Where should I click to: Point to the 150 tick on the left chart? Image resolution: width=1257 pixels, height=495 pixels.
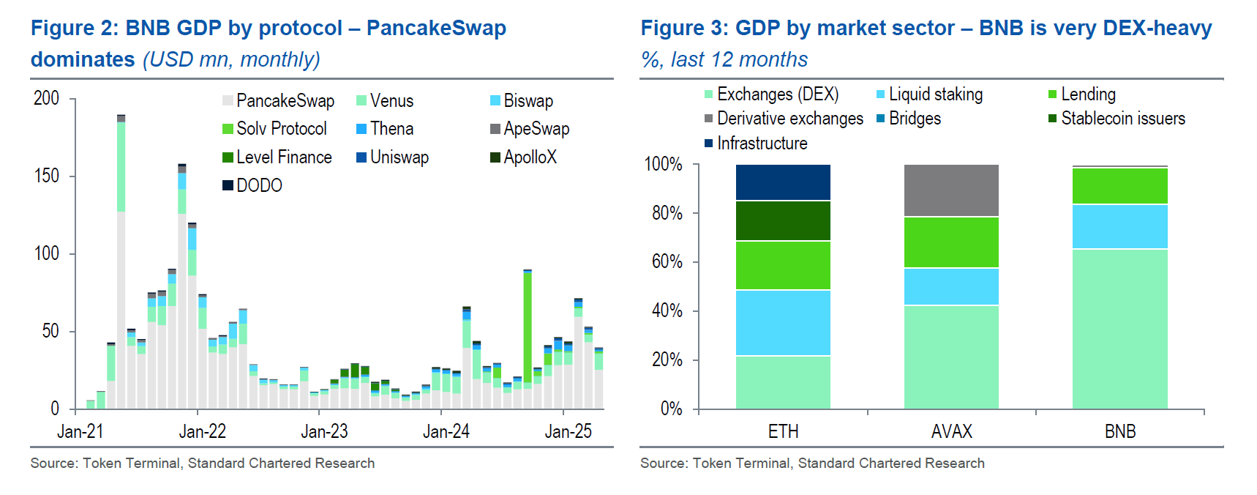tap(46, 176)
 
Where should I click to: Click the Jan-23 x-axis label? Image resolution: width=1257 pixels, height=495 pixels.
tap(324, 432)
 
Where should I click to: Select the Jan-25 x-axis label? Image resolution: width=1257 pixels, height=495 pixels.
tap(568, 432)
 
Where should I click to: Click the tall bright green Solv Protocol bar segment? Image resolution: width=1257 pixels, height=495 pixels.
tap(528, 326)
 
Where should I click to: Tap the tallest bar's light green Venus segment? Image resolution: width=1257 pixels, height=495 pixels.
tap(121, 166)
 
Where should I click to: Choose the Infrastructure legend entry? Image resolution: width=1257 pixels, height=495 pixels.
tap(762, 144)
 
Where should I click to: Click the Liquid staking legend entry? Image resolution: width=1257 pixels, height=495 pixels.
tap(935, 94)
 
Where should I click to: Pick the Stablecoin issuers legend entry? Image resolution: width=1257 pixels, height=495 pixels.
tap(1122, 119)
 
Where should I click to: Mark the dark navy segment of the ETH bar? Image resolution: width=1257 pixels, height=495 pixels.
tap(783, 182)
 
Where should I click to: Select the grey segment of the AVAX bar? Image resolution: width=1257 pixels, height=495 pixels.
tap(951, 190)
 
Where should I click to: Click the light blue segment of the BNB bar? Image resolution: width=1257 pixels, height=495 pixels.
tap(1119, 227)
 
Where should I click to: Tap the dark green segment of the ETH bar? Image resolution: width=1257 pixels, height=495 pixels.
tap(783, 220)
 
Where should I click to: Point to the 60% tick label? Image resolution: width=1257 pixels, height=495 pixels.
tap(667, 262)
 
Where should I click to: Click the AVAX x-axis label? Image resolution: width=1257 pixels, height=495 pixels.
tap(951, 432)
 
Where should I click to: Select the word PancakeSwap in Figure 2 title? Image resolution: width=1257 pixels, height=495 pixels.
tap(436, 29)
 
